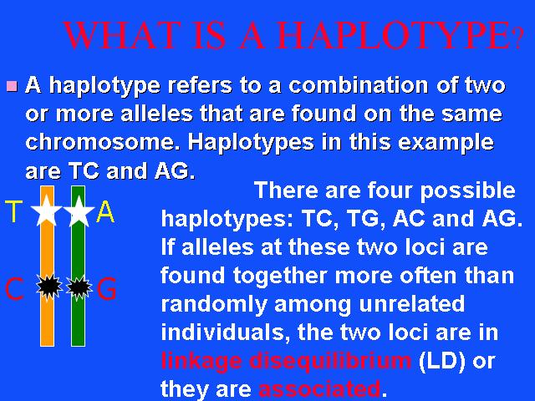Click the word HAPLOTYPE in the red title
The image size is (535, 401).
(x=393, y=35)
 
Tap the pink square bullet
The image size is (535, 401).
(x=12, y=86)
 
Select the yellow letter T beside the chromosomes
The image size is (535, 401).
(x=13, y=211)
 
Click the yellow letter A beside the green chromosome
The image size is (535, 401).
(x=105, y=211)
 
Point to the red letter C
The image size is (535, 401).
(x=14, y=288)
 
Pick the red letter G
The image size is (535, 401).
(x=106, y=288)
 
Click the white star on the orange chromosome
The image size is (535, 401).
(x=47, y=211)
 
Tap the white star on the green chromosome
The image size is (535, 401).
(x=79, y=211)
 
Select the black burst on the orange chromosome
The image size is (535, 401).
(x=49, y=287)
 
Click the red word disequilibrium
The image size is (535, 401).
(x=330, y=361)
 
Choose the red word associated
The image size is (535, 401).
(x=319, y=388)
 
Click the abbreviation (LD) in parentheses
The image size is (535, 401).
(x=441, y=360)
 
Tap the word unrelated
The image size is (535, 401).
(x=412, y=303)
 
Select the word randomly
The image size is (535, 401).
(x=214, y=304)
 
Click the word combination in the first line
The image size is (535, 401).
(x=359, y=85)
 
